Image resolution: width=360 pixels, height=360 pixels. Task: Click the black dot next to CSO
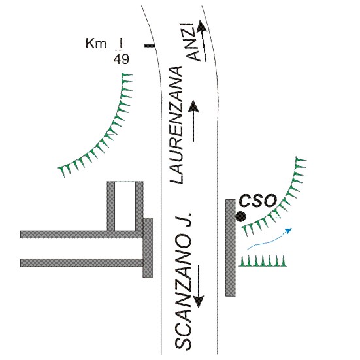[x=241, y=216]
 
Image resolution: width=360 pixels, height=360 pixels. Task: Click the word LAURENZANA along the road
[x=176, y=125]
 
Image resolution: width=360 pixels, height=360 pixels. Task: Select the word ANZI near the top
[x=192, y=42]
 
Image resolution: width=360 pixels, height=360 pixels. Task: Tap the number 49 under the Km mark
[x=122, y=59]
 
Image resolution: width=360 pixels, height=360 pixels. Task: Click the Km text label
[x=96, y=43]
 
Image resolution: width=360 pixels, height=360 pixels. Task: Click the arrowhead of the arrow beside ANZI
[x=202, y=25]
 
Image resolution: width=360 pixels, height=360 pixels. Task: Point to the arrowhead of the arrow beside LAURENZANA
[x=194, y=106]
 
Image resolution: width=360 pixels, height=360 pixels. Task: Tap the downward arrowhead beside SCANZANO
[x=199, y=301]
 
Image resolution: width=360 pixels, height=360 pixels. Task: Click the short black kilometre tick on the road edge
[x=150, y=46]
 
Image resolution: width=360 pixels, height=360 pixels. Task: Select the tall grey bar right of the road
[x=231, y=248]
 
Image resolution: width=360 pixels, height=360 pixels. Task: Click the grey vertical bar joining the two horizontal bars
[x=148, y=248]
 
